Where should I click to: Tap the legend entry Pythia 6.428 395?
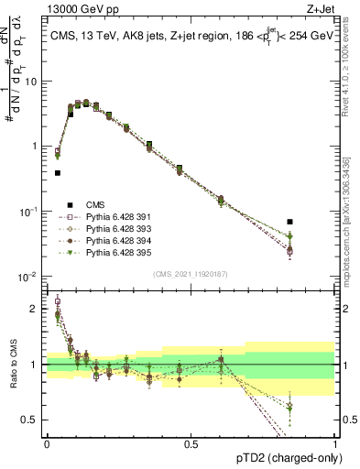pyautogui.click(x=112, y=251)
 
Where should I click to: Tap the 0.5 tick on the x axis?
pyautogui.click(x=191, y=444)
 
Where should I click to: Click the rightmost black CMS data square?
pyautogui.click(x=316, y=222)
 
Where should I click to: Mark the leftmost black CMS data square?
pyautogui.click(x=57, y=172)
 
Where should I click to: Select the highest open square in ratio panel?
pyautogui.click(x=58, y=300)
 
